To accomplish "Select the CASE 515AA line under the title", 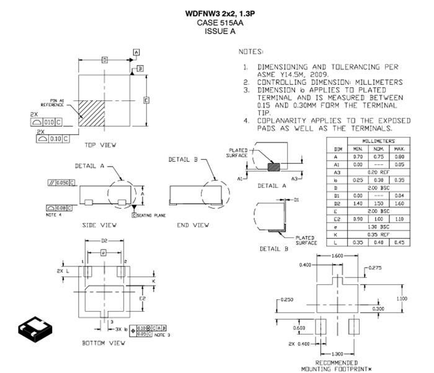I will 216,22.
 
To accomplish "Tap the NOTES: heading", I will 250,51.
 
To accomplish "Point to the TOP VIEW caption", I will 100,145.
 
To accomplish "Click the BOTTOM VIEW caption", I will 100,343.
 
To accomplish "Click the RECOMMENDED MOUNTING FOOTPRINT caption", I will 337,366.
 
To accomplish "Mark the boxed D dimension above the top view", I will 105,60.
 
